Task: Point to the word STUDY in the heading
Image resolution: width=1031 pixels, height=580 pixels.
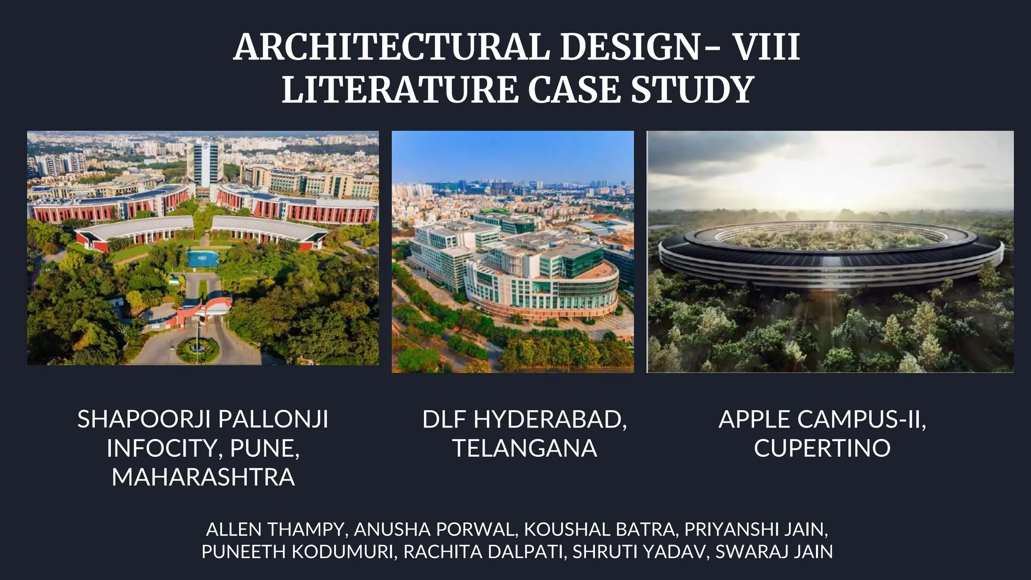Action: tap(692, 90)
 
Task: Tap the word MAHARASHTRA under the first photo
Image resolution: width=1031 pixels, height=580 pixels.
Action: tap(203, 477)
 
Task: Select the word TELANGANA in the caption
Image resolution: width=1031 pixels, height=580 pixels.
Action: tap(525, 448)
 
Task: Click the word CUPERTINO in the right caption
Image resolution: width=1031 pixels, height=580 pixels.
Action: tap(822, 448)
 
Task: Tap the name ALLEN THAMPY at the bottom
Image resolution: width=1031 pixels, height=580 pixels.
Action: tap(275, 529)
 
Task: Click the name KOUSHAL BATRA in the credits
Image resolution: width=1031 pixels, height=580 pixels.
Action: tap(599, 529)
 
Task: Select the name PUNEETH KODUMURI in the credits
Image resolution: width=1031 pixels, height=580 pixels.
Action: tap(297, 552)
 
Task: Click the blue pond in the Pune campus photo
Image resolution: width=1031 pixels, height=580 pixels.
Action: tap(202, 258)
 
